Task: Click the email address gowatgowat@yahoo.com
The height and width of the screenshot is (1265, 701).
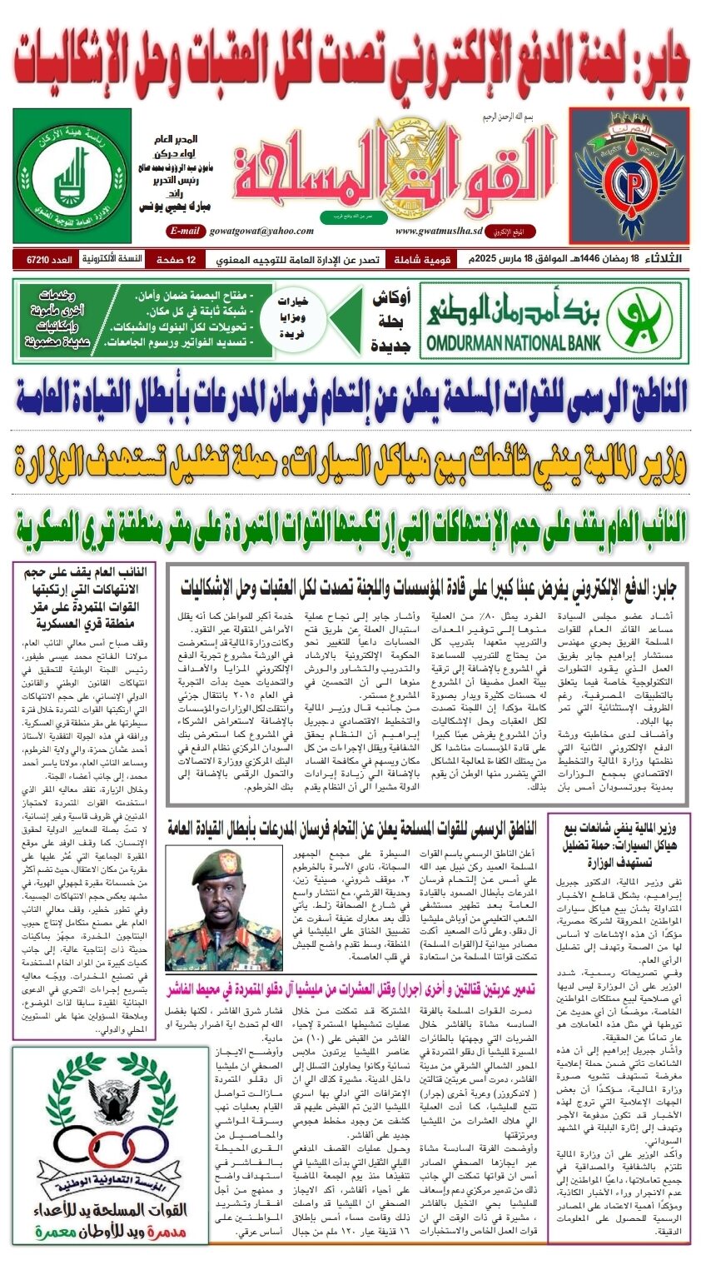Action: click(261, 231)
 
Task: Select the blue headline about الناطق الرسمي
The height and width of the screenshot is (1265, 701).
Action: click(350, 397)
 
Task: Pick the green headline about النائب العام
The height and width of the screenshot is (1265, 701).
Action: click(350, 525)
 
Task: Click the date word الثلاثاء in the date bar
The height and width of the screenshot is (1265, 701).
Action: click(661, 260)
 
